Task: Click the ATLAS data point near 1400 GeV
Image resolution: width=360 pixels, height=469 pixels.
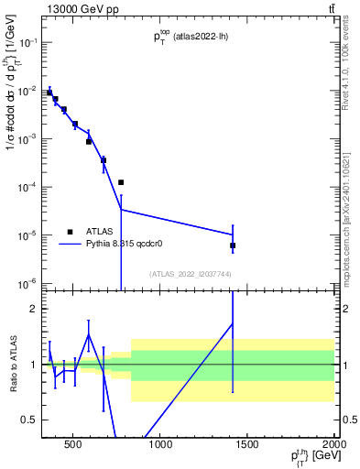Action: pyautogui.click(x=233, y=245)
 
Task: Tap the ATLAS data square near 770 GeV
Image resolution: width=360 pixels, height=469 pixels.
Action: pyautogui.click(x=121, y=182)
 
